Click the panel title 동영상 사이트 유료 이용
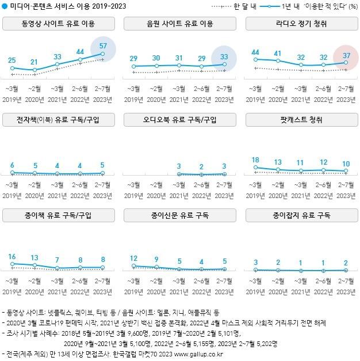pyautogui.click(x=58, y=24)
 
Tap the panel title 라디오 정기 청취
pyautogui.click(x=300, y=24)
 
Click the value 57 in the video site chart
pyautogui.click(x=104, y=45)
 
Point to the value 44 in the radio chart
pyautogui.click(x=255, y=52)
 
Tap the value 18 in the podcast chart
pyautogui.click(x=255, y=160)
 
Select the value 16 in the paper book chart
pyautogui.click(x=13, y=257)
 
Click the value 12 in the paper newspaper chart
pyautogui.click(x=134, y=258)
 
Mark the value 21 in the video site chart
pyautogui.click(x=35, y=62)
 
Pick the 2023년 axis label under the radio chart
pyautogui.click(x=346, y=98)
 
